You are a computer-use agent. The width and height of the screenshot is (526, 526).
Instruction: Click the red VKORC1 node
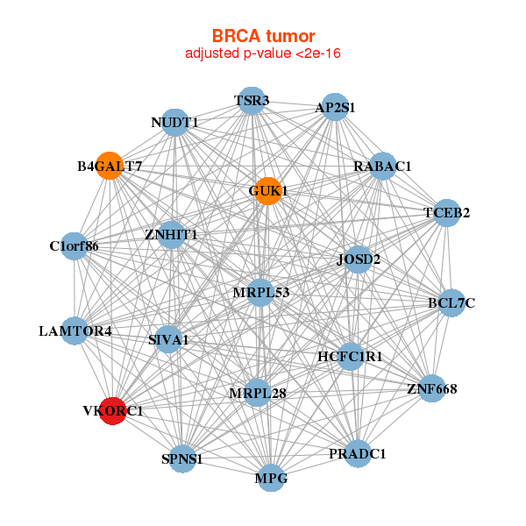pyautogui.click(x=113, y=411)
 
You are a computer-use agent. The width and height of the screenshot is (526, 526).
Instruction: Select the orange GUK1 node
pyautogui.click(x=268, y=191)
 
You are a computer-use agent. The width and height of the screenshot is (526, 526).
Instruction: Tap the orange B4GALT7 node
pyautogui.click(x=110, y=166)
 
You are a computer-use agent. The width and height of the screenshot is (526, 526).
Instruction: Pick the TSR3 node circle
pyautogui.click(x=252, y=101)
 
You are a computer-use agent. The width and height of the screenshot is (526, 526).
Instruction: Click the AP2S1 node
pyautogui.click(x=335, y=107)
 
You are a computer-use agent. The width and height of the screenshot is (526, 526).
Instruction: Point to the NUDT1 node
pyautogui.click(x=174, y=123)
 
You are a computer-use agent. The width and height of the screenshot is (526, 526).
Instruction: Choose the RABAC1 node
pyautogui.click(x=382, y=166)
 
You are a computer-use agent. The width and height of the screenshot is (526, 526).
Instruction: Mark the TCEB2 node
pyautogui.click(x=446, y=213)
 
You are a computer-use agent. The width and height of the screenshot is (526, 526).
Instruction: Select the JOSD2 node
pyautogui.click(x=359, y=259)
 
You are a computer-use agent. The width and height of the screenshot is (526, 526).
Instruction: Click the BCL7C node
pyautogui.click(x=451, y=303)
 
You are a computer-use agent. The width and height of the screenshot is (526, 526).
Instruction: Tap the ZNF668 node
pyautogui.click(x=432, y=388)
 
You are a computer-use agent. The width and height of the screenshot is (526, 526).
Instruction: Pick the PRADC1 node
pyautogui.click(x=358, y=453)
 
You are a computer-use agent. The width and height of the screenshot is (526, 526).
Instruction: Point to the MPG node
pyautogui.click(x=271, y=478)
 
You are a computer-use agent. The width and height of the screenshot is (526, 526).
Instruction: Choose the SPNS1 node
pyautogui.click(x=182, y=458)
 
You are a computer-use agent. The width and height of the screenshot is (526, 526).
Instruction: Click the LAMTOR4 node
pyautogui.click(x=75, y=331)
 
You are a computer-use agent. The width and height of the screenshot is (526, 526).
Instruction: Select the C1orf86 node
pyautogui.click(x=75, y=245)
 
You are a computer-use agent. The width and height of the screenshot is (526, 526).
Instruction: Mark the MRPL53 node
pyautogui.click(x=260, y=293)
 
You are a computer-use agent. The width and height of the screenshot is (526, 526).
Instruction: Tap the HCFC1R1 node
pyautogui.click(x=351, y=357)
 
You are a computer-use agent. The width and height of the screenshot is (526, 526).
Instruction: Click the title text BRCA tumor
pyautogui.click(x=263, y=36)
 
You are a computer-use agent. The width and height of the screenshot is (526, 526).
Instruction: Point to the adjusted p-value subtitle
pyautogui.click(x=263, y=53)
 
